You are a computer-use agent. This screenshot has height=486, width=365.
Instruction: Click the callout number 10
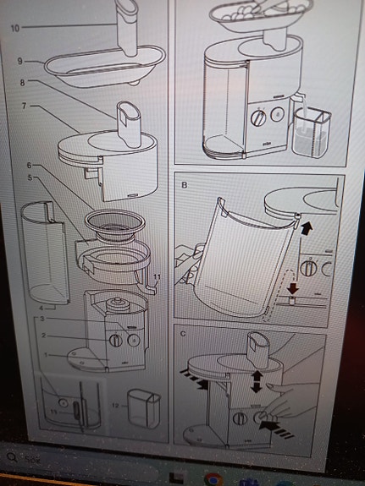coord(13,28)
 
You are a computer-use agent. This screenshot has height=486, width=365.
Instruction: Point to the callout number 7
coord(26,106)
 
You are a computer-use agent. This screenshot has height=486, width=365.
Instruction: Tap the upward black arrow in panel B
coord(306,227)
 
